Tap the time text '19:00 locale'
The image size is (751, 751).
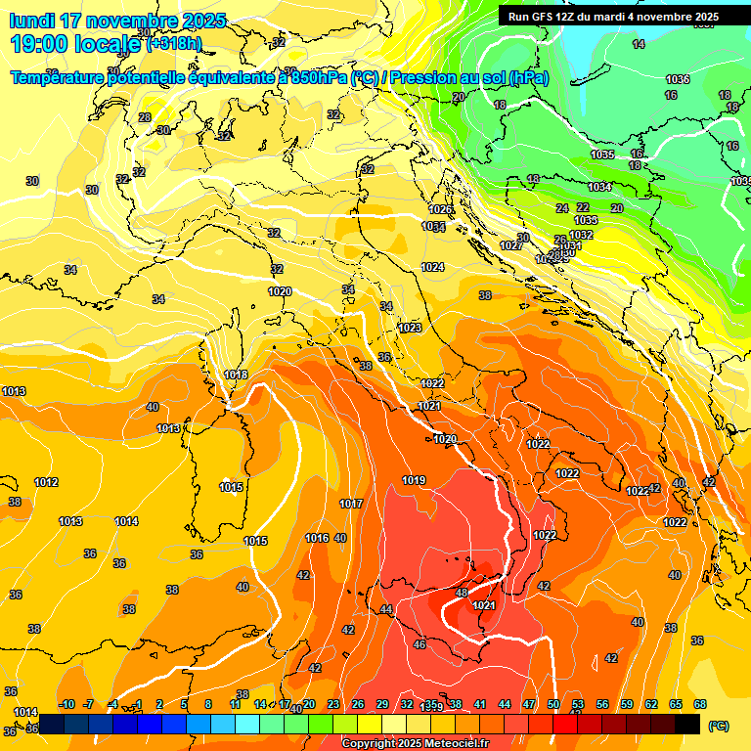pos(74,43)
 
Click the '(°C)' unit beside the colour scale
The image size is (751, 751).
pos(718,725)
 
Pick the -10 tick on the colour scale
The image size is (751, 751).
pos(66,704)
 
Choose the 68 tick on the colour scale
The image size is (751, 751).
pos(700,704)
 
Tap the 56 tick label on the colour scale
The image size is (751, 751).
pos(602,704)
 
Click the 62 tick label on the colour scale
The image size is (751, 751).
pos(651,704)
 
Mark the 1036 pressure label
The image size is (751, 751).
pos(677,79)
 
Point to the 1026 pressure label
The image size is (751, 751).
pos(441,209)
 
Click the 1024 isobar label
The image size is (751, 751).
pos(432,267)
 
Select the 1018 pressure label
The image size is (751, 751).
pos(236,375)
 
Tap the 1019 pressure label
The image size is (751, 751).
pos(414,480)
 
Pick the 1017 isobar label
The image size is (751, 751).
pos(351,504)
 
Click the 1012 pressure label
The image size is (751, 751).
pos(46,482)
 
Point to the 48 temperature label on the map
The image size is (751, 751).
pos(463,593)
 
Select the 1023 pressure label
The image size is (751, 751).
pos(410,328)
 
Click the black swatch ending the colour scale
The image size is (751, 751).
pos(687,724)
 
